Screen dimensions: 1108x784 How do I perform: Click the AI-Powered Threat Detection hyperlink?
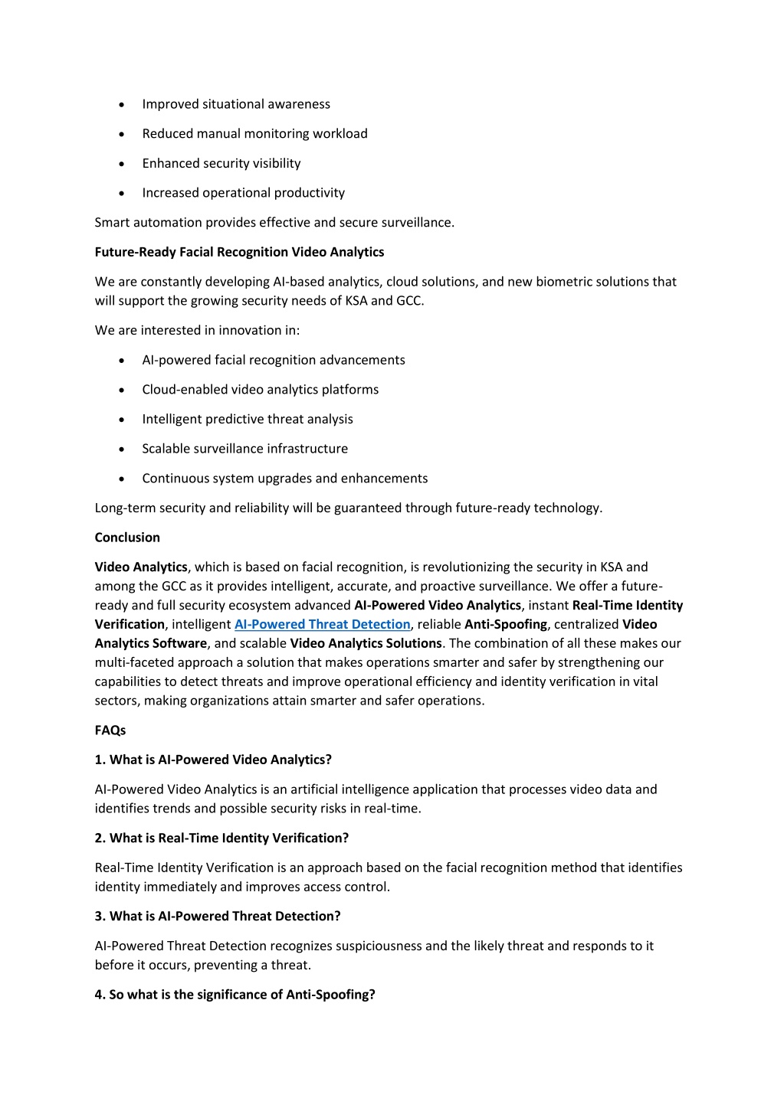pyautogui.click(x=322, y=624)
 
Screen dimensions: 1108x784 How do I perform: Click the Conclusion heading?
pyautogui.click(x=127, y=538)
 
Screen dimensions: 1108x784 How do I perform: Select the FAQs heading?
pyautogui.click(x=110, y=730)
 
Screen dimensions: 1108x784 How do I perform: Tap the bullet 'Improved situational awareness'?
pyautogui.click(x=236, y=104)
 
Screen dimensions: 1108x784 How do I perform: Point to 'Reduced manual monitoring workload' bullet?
pyautogui.click(x=254, y=134)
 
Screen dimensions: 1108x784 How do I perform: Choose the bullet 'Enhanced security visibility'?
pyautogui.click(x=221, y=163)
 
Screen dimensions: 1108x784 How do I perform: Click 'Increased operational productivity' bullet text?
pyautogui.click(x=243, y=193)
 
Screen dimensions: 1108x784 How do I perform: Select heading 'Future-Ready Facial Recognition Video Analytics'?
pyautogui.click(x=239, y=252)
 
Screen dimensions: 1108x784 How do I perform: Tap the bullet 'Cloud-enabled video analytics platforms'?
pyautogui.click(x=260, y=390)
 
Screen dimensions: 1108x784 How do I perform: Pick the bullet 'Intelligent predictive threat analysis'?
pyautogui.click(x=248, y=420)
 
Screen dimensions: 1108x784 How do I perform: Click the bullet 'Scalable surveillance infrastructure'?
pyautogui.click(x=244, y=449)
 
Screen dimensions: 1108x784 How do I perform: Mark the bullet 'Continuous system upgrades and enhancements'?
pyautogui.click(x=284, y=479)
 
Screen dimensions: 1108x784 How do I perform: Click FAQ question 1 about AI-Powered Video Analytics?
pyautogui.click(x=213, y=760)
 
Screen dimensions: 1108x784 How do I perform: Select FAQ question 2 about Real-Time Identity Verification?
pyautogui.click(x=221, y=838)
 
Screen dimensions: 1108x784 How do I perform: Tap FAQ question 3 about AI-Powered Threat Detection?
pyautogui.click(x=218, y=917)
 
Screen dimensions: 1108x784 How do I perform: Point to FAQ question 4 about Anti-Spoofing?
pyautogui.click(x=235, y=995)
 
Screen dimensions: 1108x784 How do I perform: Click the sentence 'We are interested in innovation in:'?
pyautogui.click(x=197, y=331)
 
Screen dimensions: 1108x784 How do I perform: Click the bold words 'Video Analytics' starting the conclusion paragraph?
pyautogui.click(x=141, y=567)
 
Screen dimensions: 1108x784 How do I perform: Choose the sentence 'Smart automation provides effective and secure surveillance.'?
pyautogui.click(x=274, y=223)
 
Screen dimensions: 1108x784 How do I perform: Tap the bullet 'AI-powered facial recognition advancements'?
pyautogui.click(x=274, y=360)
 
